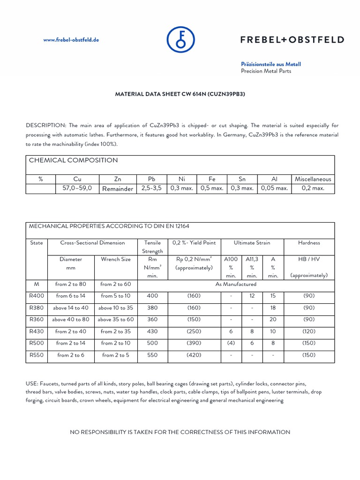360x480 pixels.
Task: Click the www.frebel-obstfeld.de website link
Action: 71,40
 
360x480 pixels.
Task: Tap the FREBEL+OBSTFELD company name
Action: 292,40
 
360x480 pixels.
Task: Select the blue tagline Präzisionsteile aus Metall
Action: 270,64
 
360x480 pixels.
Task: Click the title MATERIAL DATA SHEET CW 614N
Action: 180,94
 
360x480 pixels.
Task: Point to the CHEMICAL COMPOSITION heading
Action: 74,160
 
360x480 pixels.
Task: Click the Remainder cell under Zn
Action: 118,189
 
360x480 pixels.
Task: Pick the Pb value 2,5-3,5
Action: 150,188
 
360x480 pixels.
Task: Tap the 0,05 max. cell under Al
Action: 274,188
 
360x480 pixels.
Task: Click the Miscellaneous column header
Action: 313,179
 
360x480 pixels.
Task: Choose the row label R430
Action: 36,331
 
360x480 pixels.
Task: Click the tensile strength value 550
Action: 152,355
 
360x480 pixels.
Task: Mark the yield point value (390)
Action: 194,343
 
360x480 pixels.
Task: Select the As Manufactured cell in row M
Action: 236,284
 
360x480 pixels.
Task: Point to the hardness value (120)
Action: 308,331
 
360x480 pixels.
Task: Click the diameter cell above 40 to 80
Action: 71,320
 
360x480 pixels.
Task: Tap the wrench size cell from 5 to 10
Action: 116,296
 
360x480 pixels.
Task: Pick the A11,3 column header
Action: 252,259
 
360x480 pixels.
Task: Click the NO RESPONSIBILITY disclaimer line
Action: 180,432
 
